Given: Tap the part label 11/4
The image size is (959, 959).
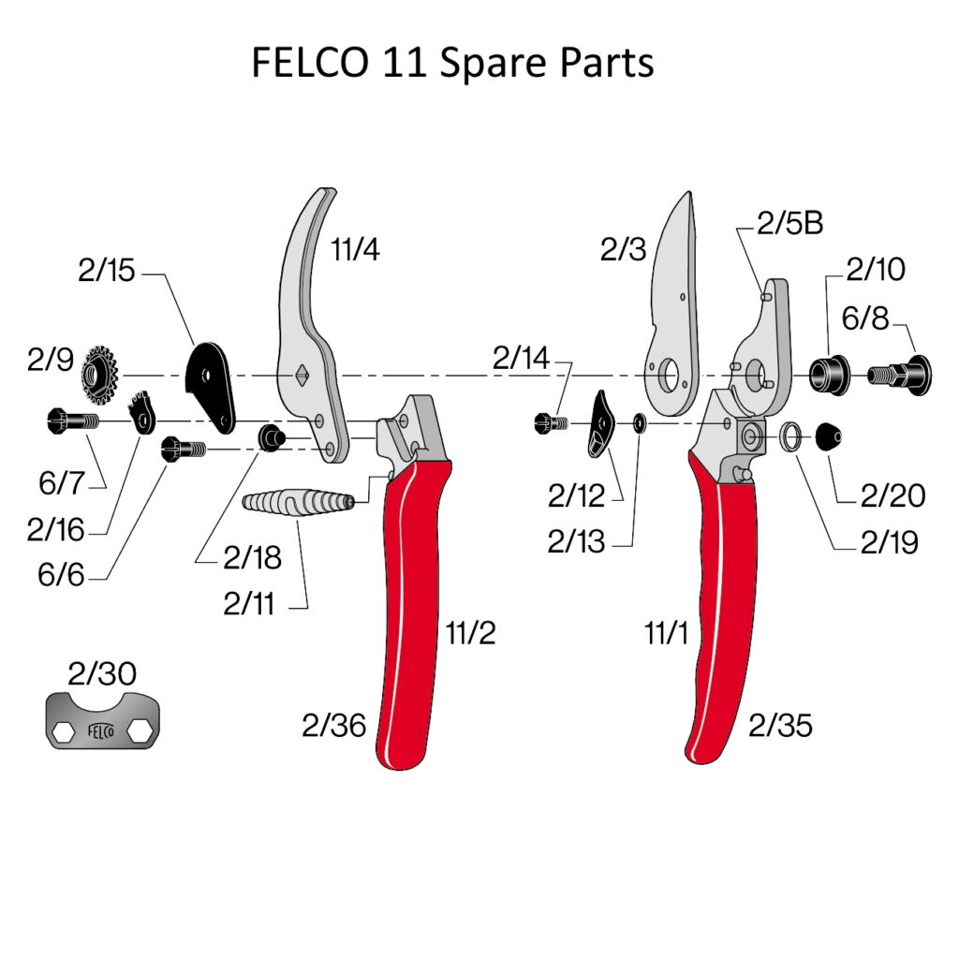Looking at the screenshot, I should coord(355,250).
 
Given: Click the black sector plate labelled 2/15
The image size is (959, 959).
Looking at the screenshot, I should coord(211,384).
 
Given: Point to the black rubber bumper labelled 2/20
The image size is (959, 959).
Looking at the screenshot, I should coord(830,435).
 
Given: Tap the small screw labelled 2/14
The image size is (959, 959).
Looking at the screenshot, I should coord(550,423).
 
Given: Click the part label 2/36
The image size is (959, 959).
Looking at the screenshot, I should coord(334,725).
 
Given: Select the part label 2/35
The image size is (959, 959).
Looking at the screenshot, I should coord(780,725).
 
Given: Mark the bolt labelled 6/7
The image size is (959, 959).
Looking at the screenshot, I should coord(69,422).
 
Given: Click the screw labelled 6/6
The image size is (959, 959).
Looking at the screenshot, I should coord(183,450).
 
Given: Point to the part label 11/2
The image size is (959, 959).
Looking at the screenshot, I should coord(470,634).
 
